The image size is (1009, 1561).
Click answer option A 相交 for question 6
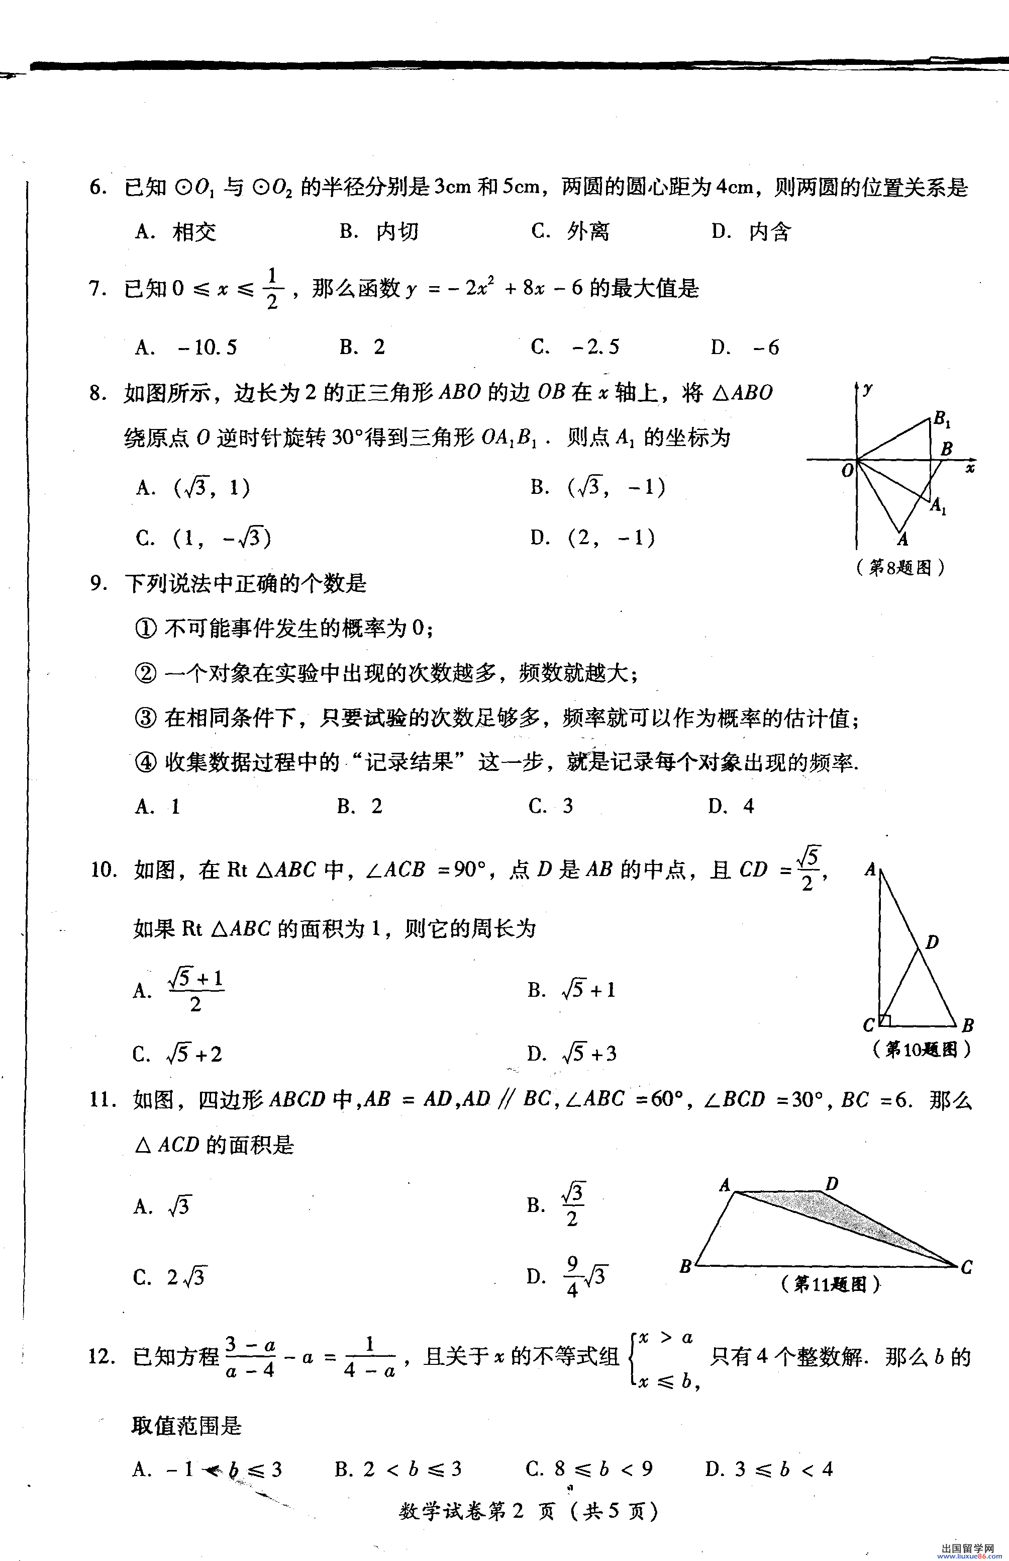click(x=175, y=231)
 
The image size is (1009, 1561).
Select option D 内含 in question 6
click(x=752, y=231)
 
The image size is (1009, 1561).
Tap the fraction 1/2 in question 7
click(x=272, y=289)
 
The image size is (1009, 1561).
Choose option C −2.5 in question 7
click(x=575, y=347)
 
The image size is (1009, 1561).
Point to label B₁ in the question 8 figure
click(x=942, y=418)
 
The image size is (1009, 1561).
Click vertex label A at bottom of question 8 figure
click(x=903, y=539)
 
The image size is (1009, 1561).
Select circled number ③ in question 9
click(x=145, y=718)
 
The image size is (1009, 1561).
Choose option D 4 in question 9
click(x=731, y=806)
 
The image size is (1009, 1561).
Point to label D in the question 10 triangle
click(x=932, y=942)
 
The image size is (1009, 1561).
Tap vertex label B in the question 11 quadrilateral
click(x=685, y=1265)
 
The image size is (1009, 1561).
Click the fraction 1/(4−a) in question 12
click(x=369, y=1358)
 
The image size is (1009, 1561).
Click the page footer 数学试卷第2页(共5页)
click(x=528, y=1511)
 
